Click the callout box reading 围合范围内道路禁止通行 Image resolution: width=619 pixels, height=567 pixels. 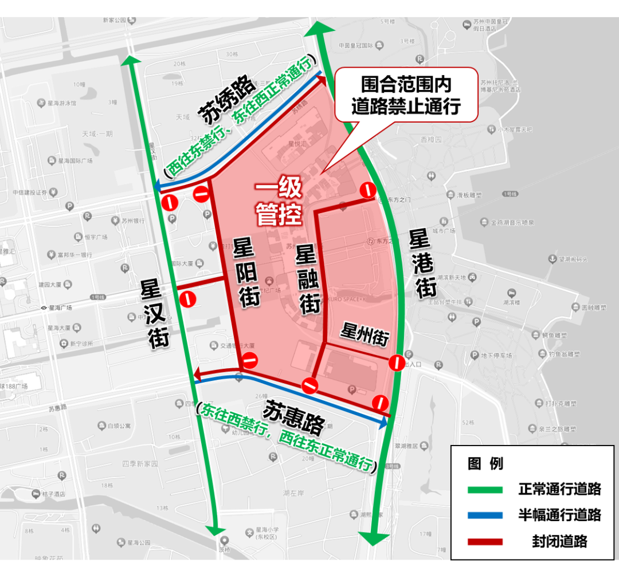point(406,94)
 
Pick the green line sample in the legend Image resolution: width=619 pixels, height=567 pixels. point(485,490)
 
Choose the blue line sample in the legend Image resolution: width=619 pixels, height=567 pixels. point(485,515)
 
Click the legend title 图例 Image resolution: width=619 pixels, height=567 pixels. point(485,463)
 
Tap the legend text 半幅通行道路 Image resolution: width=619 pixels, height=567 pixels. point(559,515)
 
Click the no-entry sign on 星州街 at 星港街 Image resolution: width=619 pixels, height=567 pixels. point(396,363)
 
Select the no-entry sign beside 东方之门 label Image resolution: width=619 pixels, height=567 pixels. point(367,190)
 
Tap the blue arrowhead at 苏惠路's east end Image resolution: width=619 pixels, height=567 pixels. point(383,424)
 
